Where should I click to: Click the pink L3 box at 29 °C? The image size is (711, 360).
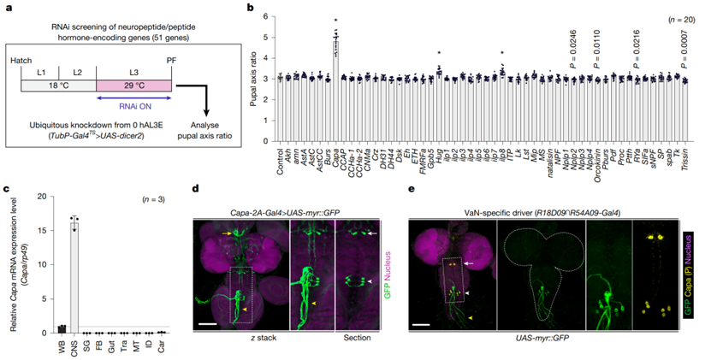click(134, 84)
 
